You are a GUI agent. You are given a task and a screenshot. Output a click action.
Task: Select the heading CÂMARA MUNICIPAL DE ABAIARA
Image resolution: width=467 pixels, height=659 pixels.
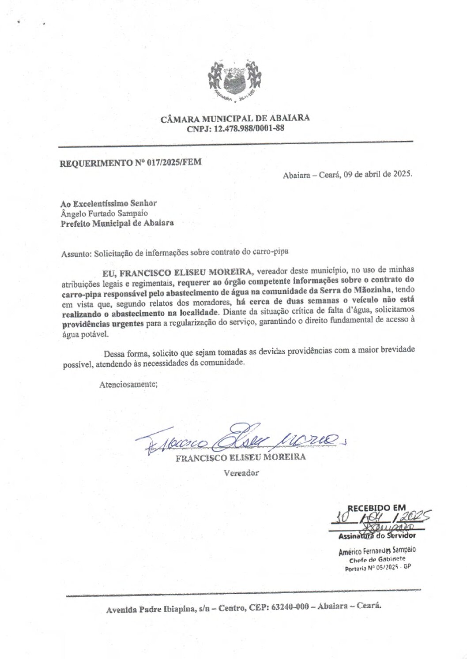pos(235,118)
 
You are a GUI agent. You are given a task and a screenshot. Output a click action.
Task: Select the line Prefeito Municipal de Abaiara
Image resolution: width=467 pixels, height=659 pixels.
pos(117,223)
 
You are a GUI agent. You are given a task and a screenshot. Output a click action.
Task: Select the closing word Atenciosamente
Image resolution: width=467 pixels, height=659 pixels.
pos(128,384)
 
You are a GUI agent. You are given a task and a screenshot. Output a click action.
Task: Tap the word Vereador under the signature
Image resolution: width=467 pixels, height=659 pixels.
pos(241,473)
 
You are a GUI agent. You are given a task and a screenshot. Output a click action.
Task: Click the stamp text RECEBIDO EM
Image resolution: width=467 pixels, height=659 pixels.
pos(377,508)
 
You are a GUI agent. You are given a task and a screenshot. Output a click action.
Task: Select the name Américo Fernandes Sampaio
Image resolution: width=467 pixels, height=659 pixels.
pos(377,551)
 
